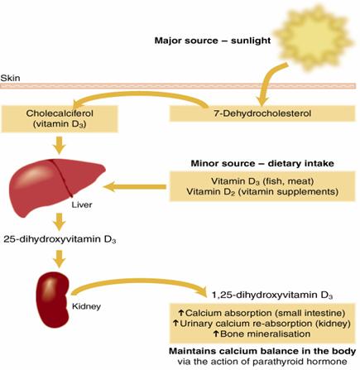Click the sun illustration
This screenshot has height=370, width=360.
[x=314, y=38]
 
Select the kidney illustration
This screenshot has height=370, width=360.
[x=54, y=300]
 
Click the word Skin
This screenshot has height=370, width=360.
[x=10, y=78]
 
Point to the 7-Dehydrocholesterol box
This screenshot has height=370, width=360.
[x=262, y=113]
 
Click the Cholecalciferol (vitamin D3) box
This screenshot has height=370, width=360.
[x=60, y=118]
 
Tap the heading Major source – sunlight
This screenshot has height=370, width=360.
[x=213, y=41]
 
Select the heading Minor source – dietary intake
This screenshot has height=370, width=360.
[x=262, y=163]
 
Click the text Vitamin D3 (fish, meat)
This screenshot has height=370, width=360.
[x=262, y=181]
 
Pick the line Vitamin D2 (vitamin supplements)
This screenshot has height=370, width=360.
[x=262, y=191]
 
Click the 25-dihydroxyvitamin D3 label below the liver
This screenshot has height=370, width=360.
[x=60, y=239]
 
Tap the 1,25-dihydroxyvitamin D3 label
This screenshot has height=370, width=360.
[x=272, y=296]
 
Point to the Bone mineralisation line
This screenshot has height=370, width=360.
[x=262, y=334]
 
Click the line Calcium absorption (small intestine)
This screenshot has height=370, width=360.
[x=262, y=313]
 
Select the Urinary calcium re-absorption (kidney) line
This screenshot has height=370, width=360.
[x=262, y=324]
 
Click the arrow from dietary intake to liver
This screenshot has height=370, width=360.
[x=135, y=187]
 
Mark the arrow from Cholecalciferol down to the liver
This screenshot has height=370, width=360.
[x=60, y=145]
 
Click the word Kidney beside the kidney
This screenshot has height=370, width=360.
[x=86, y=306]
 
